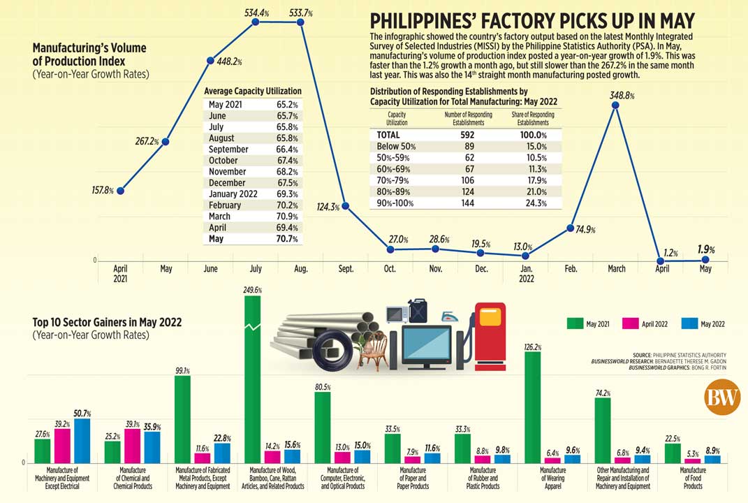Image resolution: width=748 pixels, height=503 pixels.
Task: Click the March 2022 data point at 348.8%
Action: point(615,105)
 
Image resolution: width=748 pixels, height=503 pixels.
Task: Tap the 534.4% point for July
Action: point(256,22)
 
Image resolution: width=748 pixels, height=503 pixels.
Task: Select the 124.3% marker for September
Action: point(346,205)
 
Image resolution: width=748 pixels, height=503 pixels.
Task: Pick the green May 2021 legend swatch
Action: point(575,323)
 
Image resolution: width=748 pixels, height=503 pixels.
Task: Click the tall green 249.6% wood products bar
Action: point(252,377)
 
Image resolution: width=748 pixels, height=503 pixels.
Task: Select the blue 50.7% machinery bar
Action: point(82,440)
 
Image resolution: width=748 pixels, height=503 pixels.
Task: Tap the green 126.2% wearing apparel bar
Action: point(532,405)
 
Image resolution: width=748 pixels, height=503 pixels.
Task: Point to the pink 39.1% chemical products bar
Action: point(132,446)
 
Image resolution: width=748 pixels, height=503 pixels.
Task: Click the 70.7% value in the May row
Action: point(287,239)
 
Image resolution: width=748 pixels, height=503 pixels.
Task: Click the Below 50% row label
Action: point(396,147)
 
